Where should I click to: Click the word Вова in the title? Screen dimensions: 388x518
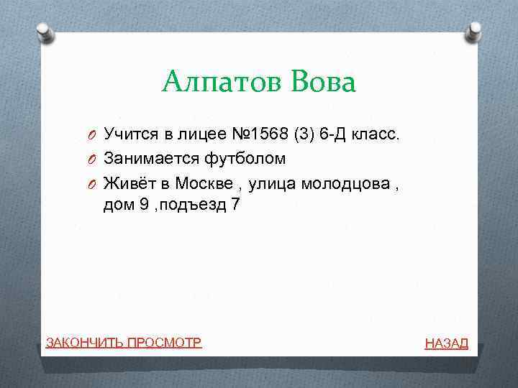[x=323, y=82]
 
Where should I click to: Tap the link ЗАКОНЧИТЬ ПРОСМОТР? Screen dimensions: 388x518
[x=123, y=342]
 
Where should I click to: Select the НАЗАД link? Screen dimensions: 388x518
[x=446, y=343]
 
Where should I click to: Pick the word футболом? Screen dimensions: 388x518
[x=245, y=158]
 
